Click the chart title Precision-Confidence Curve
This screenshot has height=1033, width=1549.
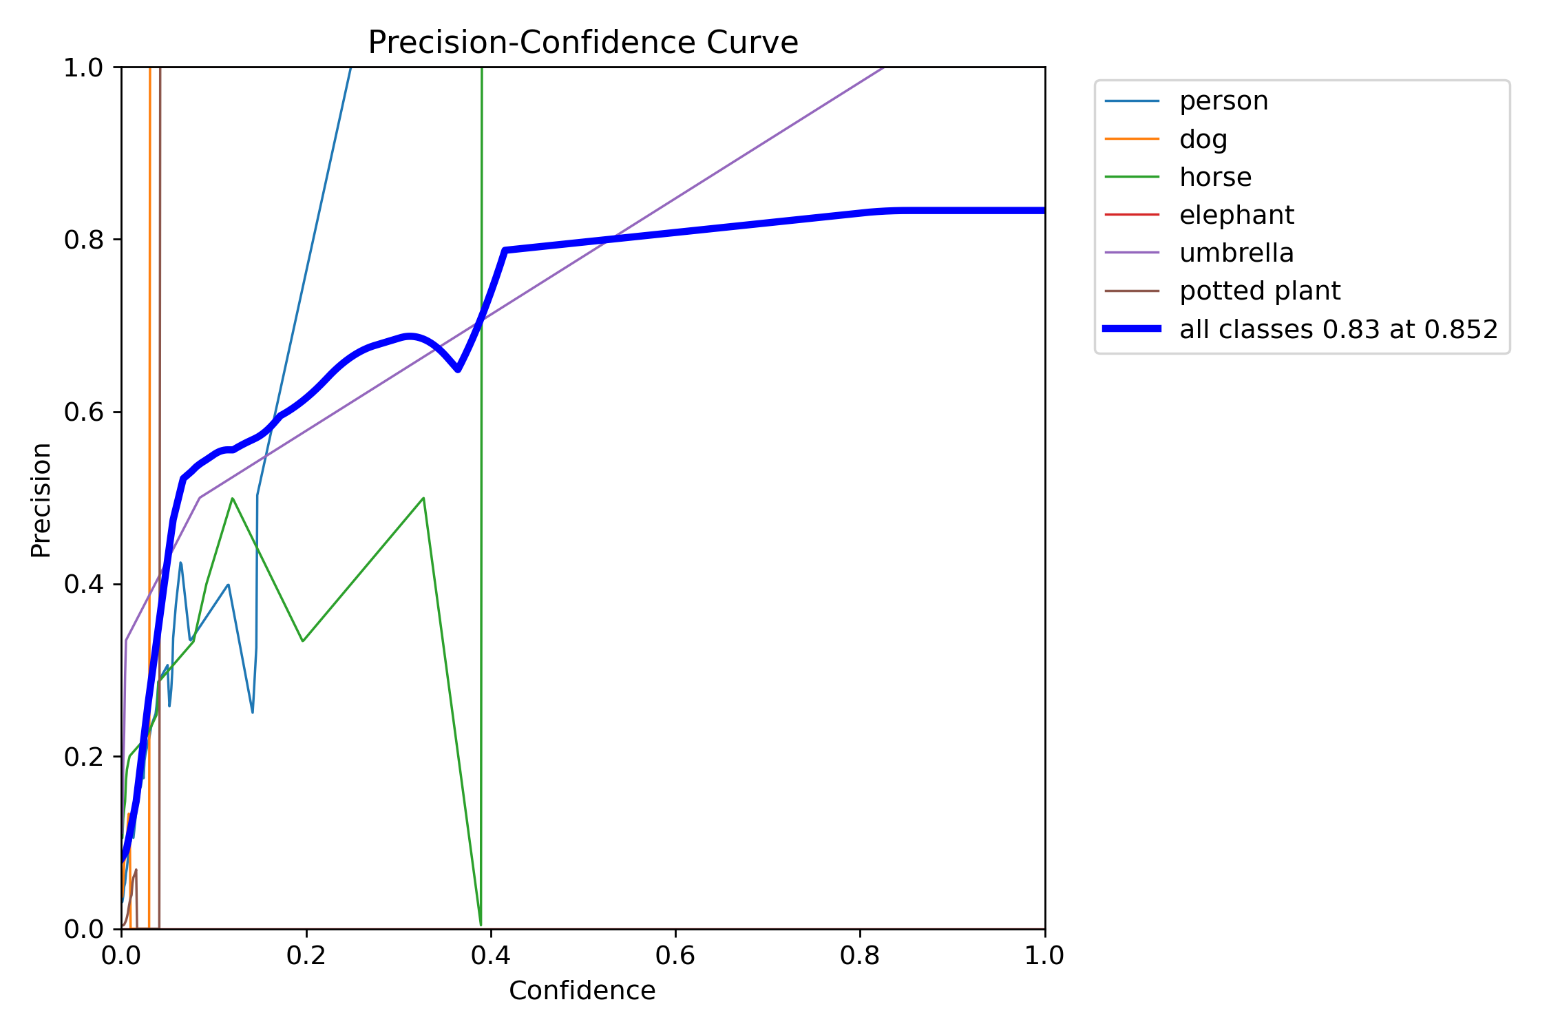click(x=582, y=43)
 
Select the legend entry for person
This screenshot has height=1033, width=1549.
click(x=1223, y=101)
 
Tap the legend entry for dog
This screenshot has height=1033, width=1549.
click(x=1203, y=139)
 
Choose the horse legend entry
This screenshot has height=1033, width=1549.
click(x=1215, y=177)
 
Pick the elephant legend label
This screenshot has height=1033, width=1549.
click(x=1236, y=215)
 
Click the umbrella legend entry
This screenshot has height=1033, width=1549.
click(x=1236, y=253)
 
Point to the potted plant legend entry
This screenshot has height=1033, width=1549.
click(x=1259, y=291)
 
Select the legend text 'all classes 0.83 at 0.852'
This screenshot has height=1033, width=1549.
click(x=1338, y=329)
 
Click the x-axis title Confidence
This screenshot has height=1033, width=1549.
click(x=582, y=990)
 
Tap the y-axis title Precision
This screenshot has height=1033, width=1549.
click(x=41, y=500)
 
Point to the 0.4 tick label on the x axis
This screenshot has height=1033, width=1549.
click(x=491, y=955)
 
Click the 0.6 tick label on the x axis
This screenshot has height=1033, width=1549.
click(x=675, y=955)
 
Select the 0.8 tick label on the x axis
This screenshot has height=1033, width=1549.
click(x=860, y=955)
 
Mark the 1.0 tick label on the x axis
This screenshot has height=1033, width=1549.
click(x=1044, y=955)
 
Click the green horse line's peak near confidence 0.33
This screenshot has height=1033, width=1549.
click(x=423, y=498)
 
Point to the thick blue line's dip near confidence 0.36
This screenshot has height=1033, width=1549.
click(x=458, y=370)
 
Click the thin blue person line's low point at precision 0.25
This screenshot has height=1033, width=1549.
click(x=253, y=712)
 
